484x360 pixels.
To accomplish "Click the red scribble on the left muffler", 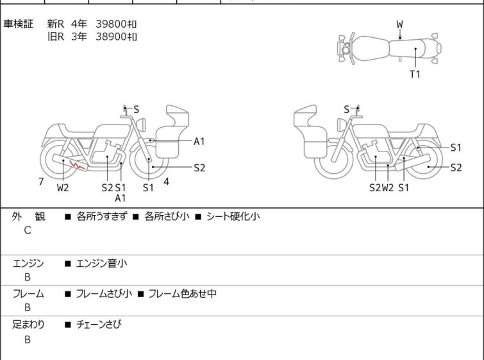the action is [x=77, y=165].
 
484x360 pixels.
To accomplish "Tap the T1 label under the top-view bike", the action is [x=415, y=74].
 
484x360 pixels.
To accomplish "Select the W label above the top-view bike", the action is [x=400, y=24].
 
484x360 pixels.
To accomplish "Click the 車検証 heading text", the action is [x=18, y=24].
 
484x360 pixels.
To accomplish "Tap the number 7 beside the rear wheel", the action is [x=41, y=181].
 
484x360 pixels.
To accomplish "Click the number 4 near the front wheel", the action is [x=166, y=182].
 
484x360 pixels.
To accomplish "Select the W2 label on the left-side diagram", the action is [x=63, y=187].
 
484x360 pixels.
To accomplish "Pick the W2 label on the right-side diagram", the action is [x=388, y=187].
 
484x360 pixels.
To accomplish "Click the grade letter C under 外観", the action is [x=28, y=230].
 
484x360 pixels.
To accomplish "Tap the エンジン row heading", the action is [x=28, y=263].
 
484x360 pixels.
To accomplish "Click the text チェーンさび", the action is [x=99, y=324].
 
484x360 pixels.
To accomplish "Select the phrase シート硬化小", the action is [x=233, y=216].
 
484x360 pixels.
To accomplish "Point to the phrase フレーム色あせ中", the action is [x=182, y=293].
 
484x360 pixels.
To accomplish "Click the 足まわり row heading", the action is [x=28, y=324].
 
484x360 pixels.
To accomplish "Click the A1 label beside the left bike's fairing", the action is [x=199, y=141].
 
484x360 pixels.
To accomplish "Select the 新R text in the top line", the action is [x=56, y=24].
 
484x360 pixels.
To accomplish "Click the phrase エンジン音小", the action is [x=101, y=263].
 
